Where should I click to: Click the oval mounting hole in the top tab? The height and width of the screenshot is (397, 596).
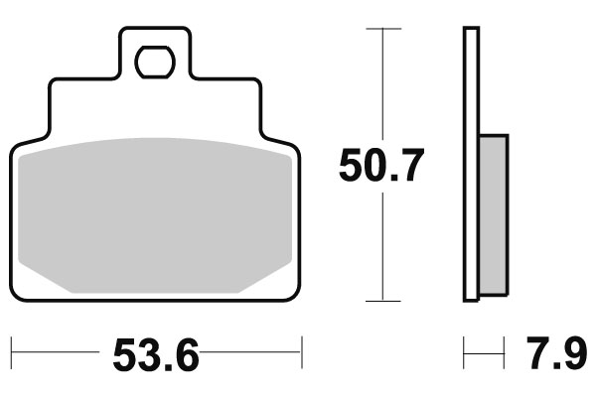click(154, 63)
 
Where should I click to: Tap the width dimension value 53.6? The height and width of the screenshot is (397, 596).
click(156, 354)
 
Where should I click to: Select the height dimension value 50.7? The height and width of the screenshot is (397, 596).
click(381, 166)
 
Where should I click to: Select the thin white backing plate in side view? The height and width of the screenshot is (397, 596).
click(471, 164)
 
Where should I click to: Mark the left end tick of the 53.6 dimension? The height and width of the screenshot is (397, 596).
click(11, 351)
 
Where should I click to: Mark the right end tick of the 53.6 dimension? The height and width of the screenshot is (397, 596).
click(301, 351)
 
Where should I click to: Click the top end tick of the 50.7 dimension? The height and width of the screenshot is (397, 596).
click(383, 30)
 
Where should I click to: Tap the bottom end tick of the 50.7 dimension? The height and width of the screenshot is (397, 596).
click(383, 300)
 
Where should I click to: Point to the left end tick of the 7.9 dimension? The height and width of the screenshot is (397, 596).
click(464, 351)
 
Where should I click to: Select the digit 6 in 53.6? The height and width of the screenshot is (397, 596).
click(185, 354)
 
